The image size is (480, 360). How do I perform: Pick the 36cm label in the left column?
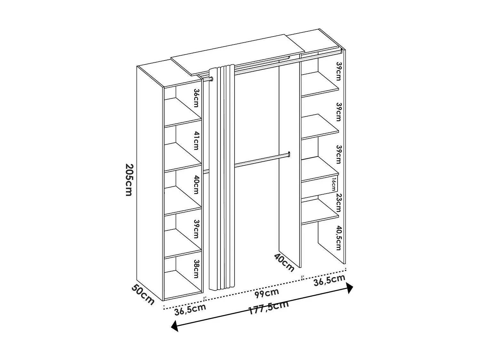point(196,98)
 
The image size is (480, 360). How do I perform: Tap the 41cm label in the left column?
point(196,140)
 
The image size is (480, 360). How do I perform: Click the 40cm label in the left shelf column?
point(196,185)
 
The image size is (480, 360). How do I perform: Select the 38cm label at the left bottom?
point(196,269)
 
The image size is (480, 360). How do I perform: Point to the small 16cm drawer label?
point(334,185)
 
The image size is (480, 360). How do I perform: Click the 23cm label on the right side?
point(339,203)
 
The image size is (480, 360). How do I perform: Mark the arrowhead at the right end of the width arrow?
point(349,288)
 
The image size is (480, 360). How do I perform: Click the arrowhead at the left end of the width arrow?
point(175,326)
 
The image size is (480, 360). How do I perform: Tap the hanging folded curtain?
point(222,178)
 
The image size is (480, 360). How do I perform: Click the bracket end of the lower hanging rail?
point(289,154)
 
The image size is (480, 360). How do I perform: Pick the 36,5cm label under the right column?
point(330,281)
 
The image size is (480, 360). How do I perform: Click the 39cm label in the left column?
point(196,229)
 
